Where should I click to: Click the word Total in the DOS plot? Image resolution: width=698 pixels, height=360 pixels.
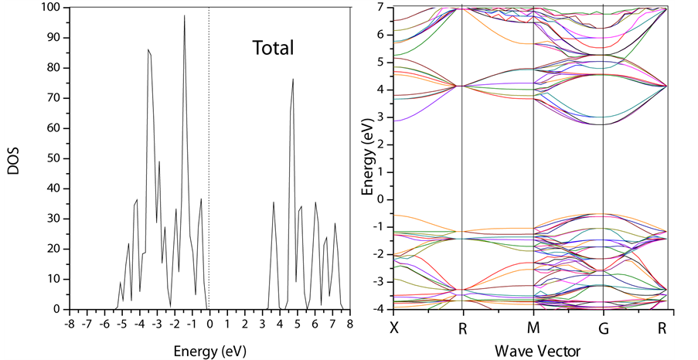[x=274, y=49]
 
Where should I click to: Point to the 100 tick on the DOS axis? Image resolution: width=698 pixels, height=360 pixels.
[x=50, y=8]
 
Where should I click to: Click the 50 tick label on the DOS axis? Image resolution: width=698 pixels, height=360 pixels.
[x=53, y=158]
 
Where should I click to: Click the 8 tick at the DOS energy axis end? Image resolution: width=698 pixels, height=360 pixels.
[x=349, y=324]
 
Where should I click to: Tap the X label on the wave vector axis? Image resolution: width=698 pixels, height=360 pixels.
[x=394, y=328]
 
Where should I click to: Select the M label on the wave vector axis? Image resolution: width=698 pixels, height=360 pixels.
[x=533, y=328]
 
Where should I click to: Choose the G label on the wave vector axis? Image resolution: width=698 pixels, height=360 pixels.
[x=603, y=328]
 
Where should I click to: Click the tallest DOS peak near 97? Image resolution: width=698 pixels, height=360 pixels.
[x=185, y=15]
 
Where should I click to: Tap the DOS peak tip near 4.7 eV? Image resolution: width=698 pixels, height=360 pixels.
[x=293, y=79]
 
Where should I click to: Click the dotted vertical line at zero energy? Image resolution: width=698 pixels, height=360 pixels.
[x=209, y=155]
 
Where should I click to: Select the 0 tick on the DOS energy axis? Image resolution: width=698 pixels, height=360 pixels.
[x=209, y=324]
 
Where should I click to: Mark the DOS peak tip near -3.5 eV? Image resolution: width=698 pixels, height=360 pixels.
[x=148, y=49]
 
